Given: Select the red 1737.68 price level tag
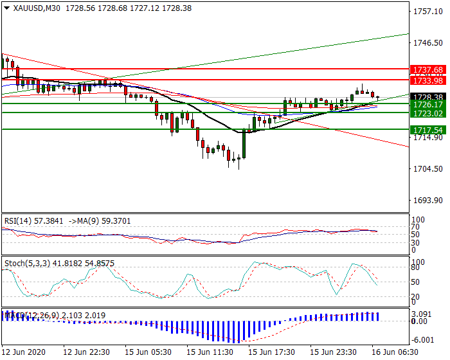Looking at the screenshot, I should [x=428, y=69].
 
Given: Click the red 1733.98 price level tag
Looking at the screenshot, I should [x=428, y=80].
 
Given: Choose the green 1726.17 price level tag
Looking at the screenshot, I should [x=428, y=104].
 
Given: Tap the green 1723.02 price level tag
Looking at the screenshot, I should [x=428, y=113].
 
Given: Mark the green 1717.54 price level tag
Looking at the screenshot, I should [x=428, y=130].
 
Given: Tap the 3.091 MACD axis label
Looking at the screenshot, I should [x=422, y=313].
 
